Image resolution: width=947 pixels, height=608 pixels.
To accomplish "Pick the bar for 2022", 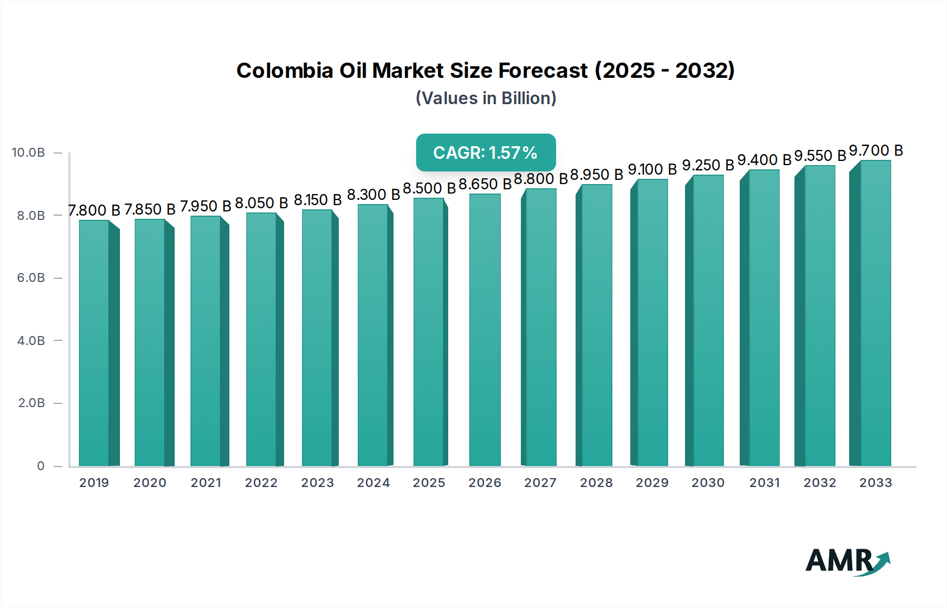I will pyautogui.click(x=261, y=339).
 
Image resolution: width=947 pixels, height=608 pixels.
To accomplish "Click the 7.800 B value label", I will pyautogui.click(x=94, y=210).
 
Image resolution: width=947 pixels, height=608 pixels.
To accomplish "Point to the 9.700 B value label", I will pyautogui.click(x=876, y=151).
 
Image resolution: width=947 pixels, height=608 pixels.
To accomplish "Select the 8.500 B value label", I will pyautogui.click(x=429, y=188).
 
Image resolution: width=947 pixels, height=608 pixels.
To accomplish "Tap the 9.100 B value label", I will pyautogui.click(x=652, y=169).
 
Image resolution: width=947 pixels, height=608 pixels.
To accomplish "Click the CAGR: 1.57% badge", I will pyautogui.click(x=486, y=153).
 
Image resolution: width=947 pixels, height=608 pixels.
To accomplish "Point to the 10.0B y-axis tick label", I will pyautogui.click(x=28, y=153).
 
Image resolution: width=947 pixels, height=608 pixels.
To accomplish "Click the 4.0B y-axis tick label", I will pyautogui.click(x=31, y=341).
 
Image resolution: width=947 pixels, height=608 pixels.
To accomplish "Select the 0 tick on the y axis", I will pyautogui.click(x=41, y=466).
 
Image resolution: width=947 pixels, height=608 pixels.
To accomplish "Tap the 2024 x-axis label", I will pyautogui.click(x=373, y=483).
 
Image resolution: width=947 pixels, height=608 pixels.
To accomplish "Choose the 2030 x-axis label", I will pyautogui.click(x=708, y=483).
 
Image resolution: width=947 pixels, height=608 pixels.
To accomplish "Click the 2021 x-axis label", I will pyautogui.click(x=206, y=483).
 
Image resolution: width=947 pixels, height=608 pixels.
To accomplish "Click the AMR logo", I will pyautogui.click(x=847, y=561).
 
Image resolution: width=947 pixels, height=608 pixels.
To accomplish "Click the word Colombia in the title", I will pyautogui.click(x=284, y=70).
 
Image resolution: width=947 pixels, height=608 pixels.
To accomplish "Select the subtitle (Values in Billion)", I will pyautogui.click(x=486, y=98).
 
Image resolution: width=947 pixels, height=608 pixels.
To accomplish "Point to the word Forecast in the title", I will pyautogui.click(x=543, y=70).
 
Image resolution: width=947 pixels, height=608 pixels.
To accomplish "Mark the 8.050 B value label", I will pyautogui.click(x=261, y=203).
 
